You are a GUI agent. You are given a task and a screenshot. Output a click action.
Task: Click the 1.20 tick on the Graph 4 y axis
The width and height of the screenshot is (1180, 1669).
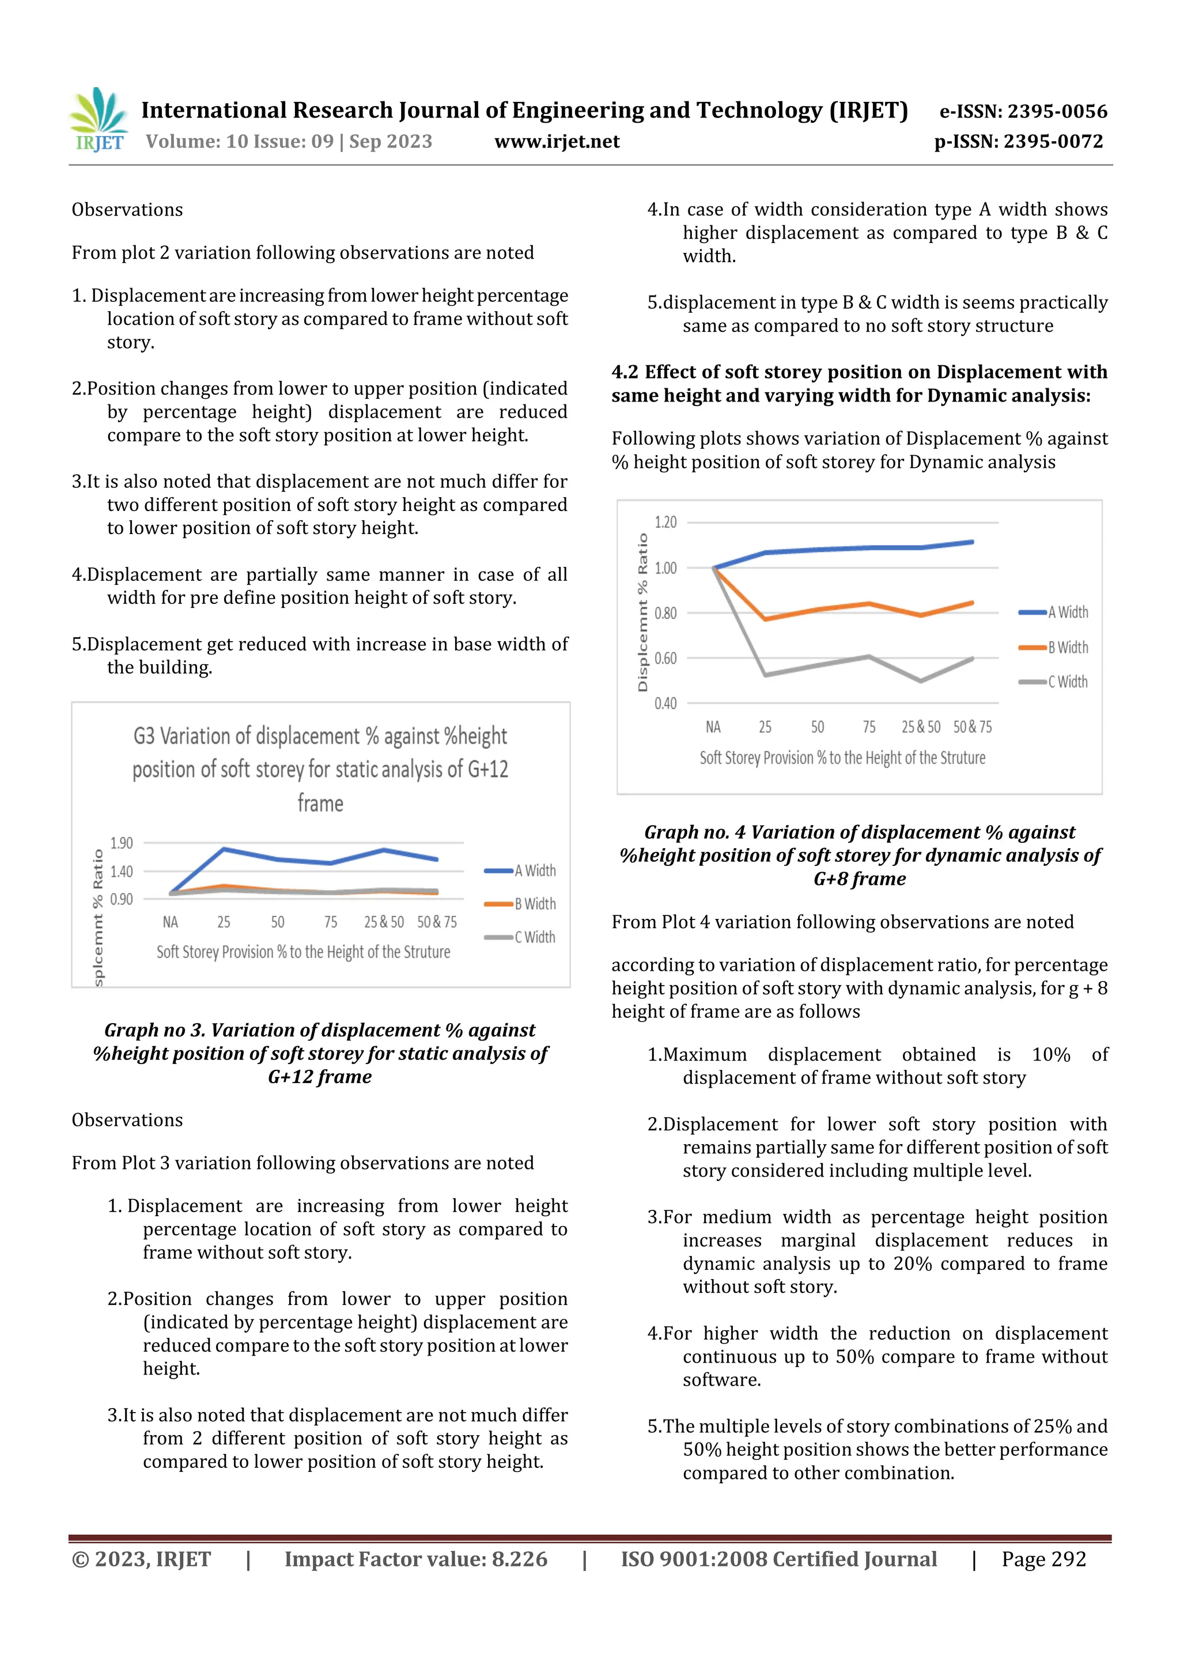tap(665, 523)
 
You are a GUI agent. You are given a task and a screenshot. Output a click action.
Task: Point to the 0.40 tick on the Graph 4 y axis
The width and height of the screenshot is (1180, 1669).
tap(665, 703)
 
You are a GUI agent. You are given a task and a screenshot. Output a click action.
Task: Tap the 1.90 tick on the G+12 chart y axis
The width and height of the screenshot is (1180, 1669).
tap(122, 843)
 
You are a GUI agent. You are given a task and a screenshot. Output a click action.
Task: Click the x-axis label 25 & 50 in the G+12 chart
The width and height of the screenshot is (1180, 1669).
tap(384, 922)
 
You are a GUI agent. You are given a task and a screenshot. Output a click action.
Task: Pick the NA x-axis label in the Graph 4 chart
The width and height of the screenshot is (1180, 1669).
tap(713, 728)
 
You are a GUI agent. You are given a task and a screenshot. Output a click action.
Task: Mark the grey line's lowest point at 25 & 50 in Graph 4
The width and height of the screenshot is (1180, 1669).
tap(921, 681)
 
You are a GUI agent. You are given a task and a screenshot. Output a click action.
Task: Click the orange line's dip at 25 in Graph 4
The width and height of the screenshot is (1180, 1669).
tap(765, 619)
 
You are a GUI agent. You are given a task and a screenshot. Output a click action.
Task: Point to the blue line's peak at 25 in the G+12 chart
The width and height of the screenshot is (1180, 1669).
tap(224, 849)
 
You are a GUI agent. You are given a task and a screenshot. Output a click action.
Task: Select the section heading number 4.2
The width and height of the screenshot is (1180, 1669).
tap(625, 372)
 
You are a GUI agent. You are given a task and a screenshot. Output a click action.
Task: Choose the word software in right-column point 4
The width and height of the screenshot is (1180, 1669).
tap(721, 1380)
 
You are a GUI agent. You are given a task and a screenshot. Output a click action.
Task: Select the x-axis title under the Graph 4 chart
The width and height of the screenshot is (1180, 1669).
tap(842, 758)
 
